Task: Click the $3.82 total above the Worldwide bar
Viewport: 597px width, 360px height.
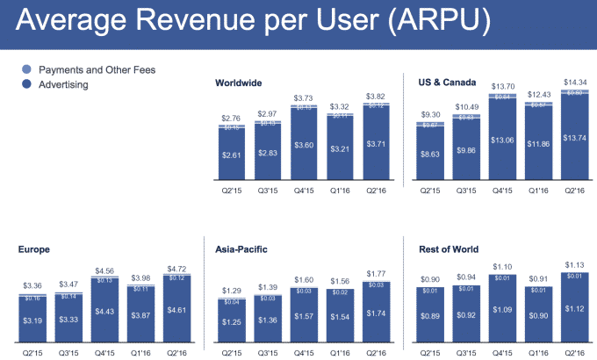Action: (377, 94)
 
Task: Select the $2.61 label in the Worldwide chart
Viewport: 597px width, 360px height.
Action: (233, 155)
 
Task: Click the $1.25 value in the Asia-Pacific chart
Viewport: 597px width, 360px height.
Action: (233, 322)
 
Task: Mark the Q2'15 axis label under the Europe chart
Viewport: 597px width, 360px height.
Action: (32, 352)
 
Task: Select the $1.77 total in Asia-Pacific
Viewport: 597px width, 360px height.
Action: (377, 272)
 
